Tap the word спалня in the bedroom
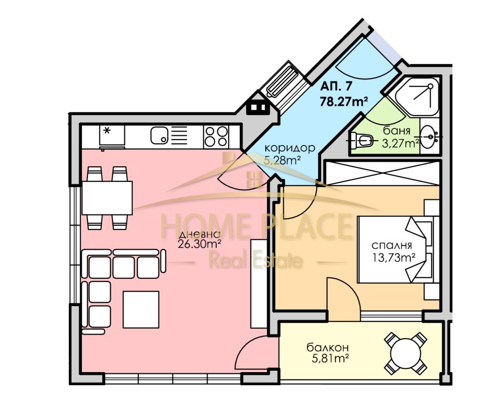pyautogui.click(x=392, y=246)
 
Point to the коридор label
pyautogui.click(x=290, y=148)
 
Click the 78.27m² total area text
pyautogui.click(x=344, y=102)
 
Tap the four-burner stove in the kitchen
pyautogui.click(x=216, y=136)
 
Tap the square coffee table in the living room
pyautogui.click(x=141, y=309)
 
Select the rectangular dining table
pyautogui.click(x=107, y=198)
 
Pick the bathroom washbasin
pyautogui.click(x=430, y=137)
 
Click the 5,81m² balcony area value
pyautogui.click(x=330, y=359)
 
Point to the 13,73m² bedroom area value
pyautogui.click(x=394, y=257)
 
